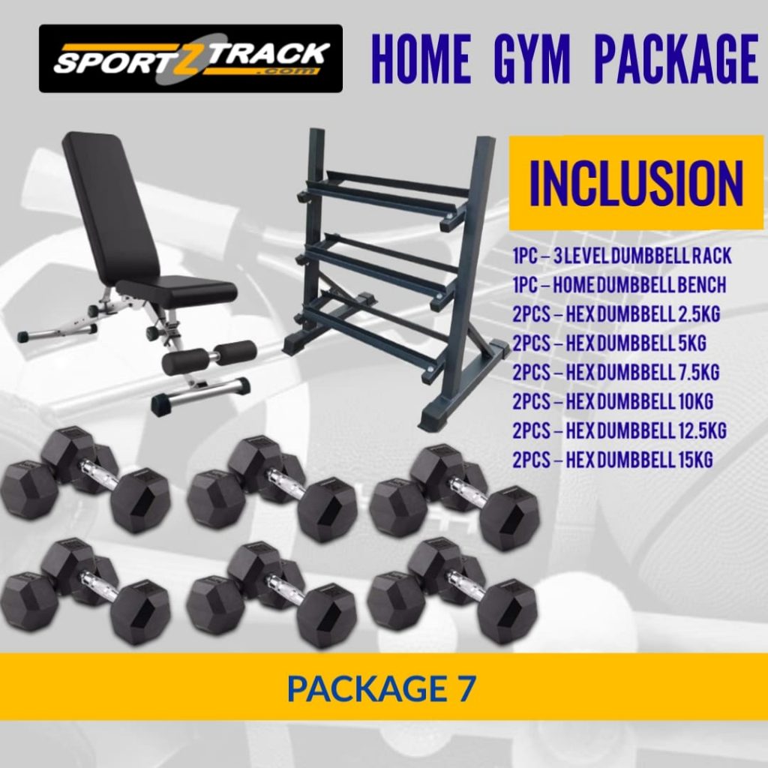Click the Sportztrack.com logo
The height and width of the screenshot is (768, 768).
tap(190, 58)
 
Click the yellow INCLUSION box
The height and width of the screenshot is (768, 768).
tap(636, 183)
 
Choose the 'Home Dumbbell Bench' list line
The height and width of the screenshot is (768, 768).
tap(619, 286)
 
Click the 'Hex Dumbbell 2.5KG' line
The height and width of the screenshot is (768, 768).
tap(616, 314)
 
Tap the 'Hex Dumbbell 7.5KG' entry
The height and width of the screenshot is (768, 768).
tap(616, 372)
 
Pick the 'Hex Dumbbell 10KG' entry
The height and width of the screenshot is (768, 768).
tap(612, 401)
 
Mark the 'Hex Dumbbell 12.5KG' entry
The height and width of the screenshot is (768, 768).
tap(619, 430)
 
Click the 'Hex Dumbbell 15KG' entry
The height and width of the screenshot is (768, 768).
tap(612, 459)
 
